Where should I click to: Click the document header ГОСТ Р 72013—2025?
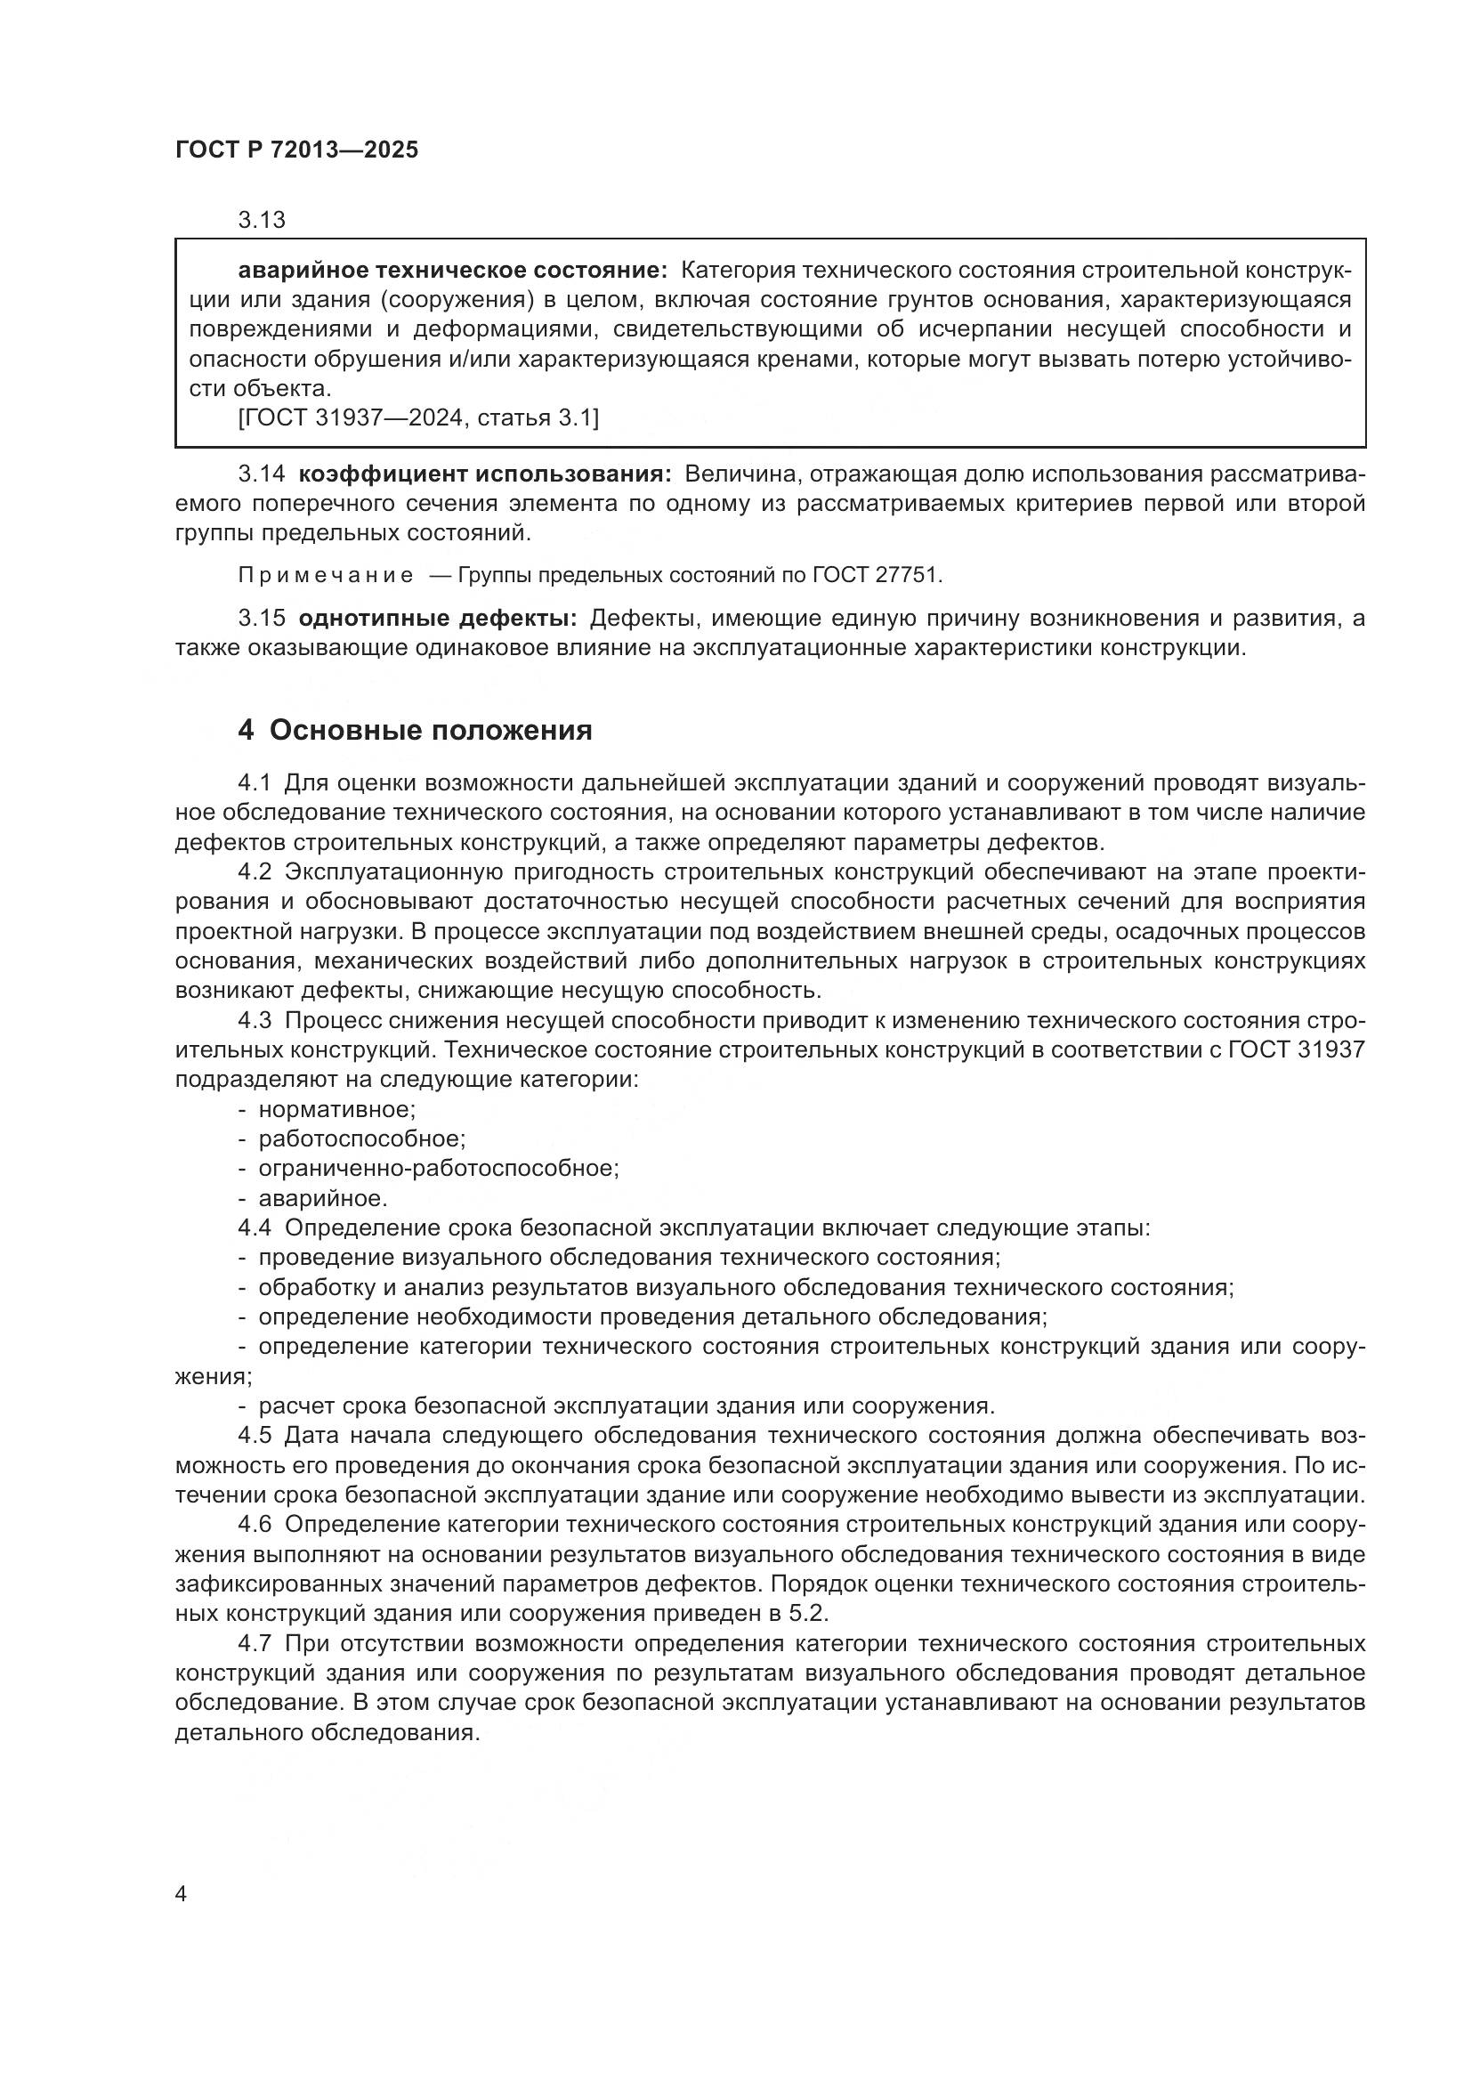pyautogui.click(x=296, y=150)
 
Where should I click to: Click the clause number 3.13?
pyautogui.click(x=261, y=220)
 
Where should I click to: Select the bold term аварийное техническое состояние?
pyautogui.click(x=452, y=271)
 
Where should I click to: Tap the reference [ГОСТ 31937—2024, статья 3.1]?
pyautogui.click(x=418, y=418)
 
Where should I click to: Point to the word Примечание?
pyautogui.click(x=326, y=575)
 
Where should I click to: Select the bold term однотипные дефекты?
pyautogui.click(x=438, y=619)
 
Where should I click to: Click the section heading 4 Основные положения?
pyautogui.click(x=414, y=730)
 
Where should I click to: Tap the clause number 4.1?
pyautogui.click(x=255, y=782)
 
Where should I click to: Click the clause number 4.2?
pyautogui.click(x=255, y=871)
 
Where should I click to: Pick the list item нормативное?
pyautogui.click(x=336, y=1109)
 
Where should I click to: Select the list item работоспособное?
pyautogui.click(x=361, y=1139)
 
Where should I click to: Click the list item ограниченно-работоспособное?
pyautogui.click(x=439, y=1168)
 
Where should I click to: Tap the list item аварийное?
pyautogui.click(x=323, y=1199)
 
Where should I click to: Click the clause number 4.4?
pyautogui.click(x=255, y=1227)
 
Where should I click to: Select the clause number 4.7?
pyautogui.click(x=255, y=1643)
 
